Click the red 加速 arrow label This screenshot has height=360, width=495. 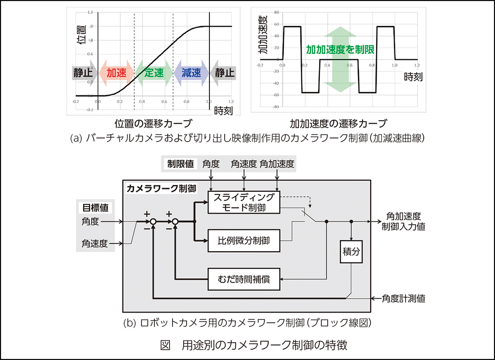[x=116, y=73]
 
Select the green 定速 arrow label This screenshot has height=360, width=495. [x=154, y=73]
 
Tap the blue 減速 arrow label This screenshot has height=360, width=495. [x=191, y=73]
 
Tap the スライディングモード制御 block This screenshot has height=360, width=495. [x=244, y=202]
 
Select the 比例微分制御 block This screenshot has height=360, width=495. [x=244, y=241]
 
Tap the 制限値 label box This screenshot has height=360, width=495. [x=180, y=164]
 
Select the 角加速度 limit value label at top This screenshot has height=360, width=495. [x=277, y=164]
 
